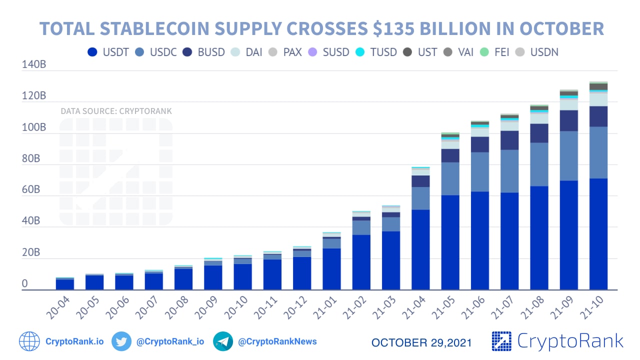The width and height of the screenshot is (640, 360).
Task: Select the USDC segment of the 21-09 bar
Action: point(569,156)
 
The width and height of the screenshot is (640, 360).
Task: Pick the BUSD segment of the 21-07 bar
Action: point(509,140)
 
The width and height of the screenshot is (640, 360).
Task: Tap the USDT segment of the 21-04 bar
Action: point(420,249)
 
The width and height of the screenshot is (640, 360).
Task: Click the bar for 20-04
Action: point(65,284)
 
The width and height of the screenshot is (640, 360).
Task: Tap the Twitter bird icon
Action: point(121,341)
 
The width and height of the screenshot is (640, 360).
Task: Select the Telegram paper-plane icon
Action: point(223,341)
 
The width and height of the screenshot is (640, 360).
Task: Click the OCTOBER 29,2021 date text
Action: point(421,342)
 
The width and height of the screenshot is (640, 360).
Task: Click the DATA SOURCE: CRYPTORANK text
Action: point(116,111)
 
